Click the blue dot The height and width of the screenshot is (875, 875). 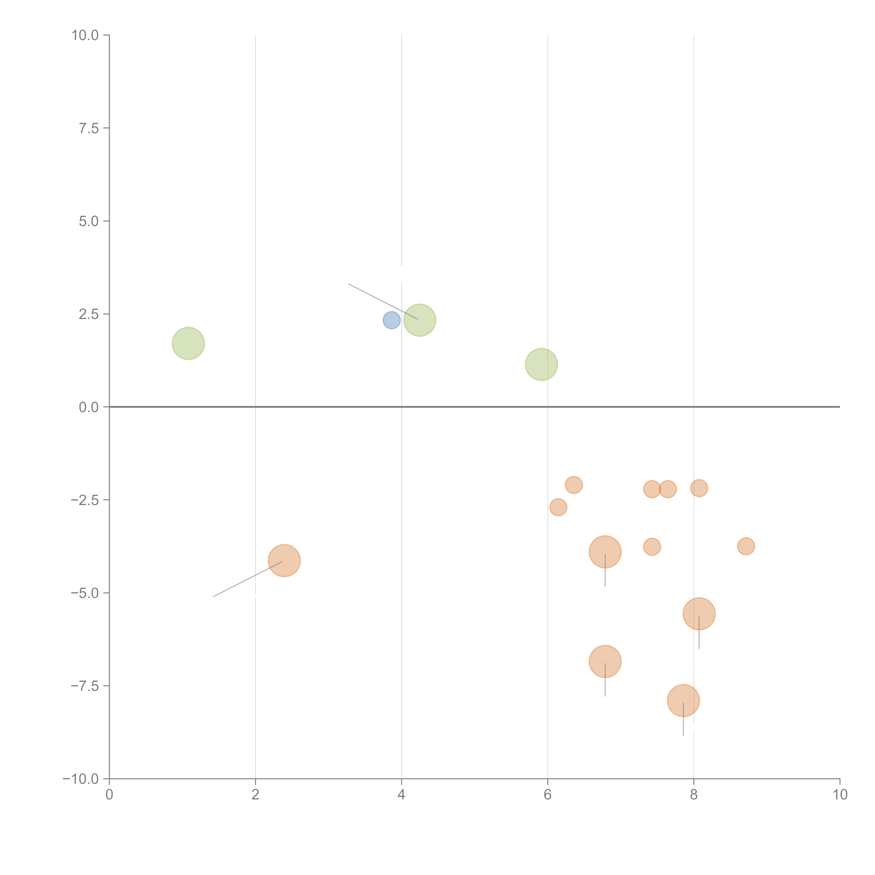pos(391,320)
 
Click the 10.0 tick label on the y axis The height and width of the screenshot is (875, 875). pos(85,35)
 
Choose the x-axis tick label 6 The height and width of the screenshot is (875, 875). pos(548,795)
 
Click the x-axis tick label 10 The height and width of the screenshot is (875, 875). pos(839,795)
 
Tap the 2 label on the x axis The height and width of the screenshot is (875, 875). pos(255,795)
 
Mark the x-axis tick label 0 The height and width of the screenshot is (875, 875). pos(109,795)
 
